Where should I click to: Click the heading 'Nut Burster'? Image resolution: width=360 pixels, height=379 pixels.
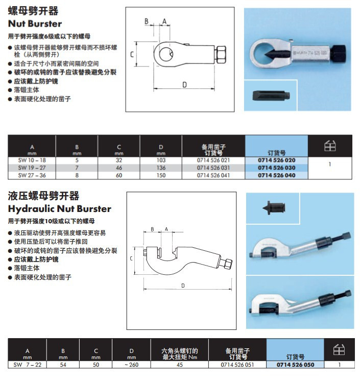(35, 23)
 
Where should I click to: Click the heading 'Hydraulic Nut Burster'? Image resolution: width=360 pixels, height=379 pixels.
(60, 208)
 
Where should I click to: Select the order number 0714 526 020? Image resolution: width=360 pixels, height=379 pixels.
(276, 160)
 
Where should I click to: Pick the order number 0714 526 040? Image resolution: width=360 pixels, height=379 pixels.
(276, 175)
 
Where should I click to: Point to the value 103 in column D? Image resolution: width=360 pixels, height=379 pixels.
(161, 160)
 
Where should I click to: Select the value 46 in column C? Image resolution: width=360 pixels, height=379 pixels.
(119, 168)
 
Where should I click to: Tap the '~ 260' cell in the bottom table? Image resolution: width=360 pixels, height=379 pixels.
(132, 365)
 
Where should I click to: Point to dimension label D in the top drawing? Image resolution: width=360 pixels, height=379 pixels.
(184, 85)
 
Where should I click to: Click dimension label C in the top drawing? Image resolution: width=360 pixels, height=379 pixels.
(132, 54)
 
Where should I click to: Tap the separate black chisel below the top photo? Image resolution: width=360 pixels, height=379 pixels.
(269, 96)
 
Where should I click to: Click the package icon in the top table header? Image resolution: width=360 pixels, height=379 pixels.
(330, 146)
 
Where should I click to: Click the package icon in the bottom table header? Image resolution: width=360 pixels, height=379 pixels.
(339, 350)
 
